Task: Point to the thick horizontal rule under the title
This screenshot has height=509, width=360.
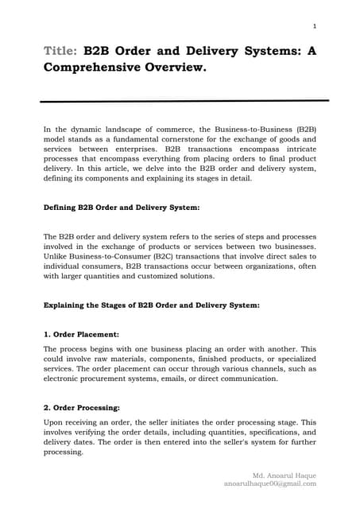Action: point(184,101)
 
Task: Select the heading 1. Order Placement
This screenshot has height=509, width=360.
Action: point(79,335)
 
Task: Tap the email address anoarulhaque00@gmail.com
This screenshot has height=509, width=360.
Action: point(270,483)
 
